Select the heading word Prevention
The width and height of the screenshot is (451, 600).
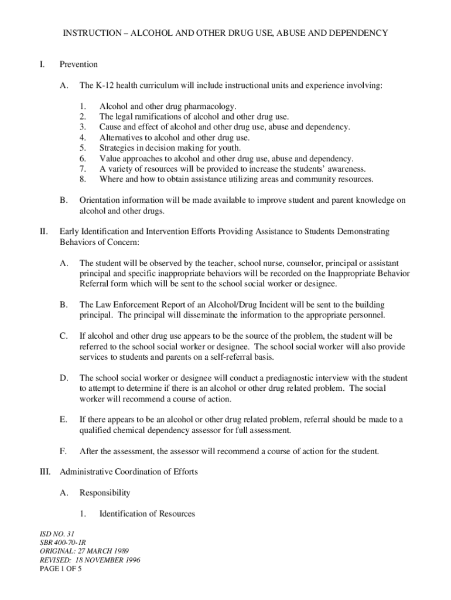click(x=78, y=64)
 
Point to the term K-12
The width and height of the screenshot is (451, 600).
click(x=106, y=86)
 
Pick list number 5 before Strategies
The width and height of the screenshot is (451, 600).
click(x=83, y=148)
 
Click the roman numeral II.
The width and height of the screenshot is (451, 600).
click(x=43, y=232)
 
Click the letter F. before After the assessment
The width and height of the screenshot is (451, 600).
click(x=63, y=451)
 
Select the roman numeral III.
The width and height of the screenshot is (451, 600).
click(x=45, y=472)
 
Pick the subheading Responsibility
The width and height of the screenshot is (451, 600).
click(x=105, y=493)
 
